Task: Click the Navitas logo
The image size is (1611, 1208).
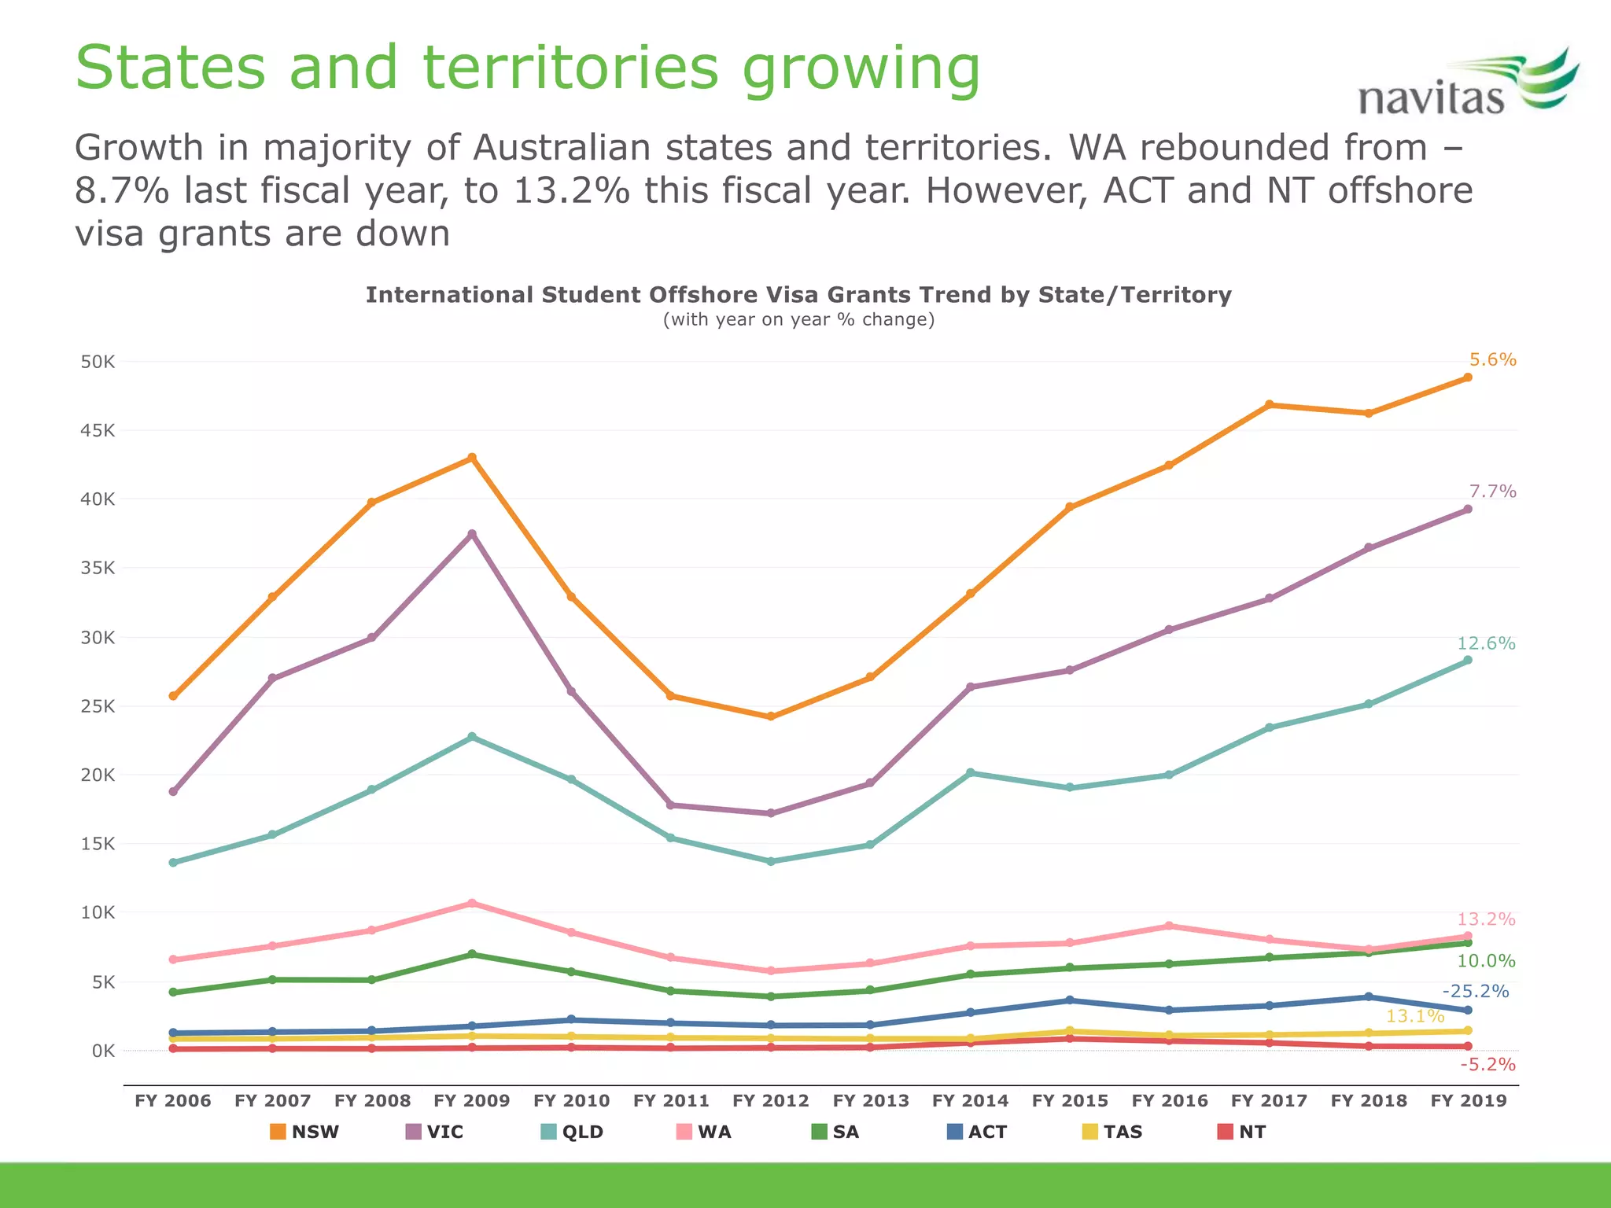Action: pyautogui.click(x=1468, y=85)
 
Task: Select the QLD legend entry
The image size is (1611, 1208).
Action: pyautogui.click(x=573, y=1132)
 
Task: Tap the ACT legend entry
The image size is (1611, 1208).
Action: pyautogui.click(x=977, y=1132)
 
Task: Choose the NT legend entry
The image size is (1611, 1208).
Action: pyautogui.click(x=1242, y=1132)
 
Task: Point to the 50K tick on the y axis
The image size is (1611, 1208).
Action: pyautogui.click(x=98, y=362)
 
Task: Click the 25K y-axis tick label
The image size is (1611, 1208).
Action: pyautogui.click(x=98, y=706)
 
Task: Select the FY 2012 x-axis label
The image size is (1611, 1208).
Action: pyautogui.click(x=770, y=1100)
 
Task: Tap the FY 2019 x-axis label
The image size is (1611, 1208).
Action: pyautogui.click(x=1468, y=1100)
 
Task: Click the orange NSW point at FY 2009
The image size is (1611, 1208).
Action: pyautogui.click(x=472, y=458)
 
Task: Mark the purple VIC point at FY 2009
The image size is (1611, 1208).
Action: pyautogui.click(x=472, y=534)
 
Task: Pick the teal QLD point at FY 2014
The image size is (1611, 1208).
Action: pyautogui.click(x=970, y=773)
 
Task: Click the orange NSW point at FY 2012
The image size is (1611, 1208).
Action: pyautogui.click(x=771, y=716)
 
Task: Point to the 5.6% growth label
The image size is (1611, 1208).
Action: pyautogui.click(x=1492, y=359)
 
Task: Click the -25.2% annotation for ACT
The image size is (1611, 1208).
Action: pyautogui.click(x=1475, y=992)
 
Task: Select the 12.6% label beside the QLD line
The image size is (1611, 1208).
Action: pyautogui.click(x=1486, y=643)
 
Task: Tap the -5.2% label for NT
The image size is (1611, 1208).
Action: pyautogui.click(x=1487, y=1065)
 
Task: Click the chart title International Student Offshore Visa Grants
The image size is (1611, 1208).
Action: pyautogui.click(x=798, y=295)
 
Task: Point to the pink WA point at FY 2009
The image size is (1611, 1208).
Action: pyautogui.click(x=472, y=903)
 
